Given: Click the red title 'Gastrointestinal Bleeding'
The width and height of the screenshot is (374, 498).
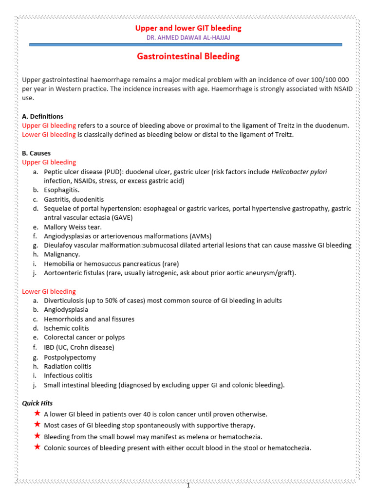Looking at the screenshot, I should pos(188,56).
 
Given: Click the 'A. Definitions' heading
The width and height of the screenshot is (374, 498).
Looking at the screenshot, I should pos(43,116).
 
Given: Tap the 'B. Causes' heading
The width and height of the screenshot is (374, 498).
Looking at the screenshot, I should pos(37,153).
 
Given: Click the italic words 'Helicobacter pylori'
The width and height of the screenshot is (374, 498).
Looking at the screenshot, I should pos(299,172).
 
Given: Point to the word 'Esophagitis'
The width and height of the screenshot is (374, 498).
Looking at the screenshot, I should pos(61,190).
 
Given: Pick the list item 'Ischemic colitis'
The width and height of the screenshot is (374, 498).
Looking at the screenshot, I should pos(66,328).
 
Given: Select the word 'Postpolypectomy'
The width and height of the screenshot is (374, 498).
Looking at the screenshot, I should pos(70,357).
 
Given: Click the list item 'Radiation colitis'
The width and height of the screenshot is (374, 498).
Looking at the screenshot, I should pos(68,366).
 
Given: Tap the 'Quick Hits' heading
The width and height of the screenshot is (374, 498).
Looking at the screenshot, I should pos(37,403).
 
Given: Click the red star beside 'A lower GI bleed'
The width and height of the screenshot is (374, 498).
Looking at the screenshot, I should pos(37,413).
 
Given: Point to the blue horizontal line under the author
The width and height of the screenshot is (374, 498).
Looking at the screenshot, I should pos(186,45).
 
